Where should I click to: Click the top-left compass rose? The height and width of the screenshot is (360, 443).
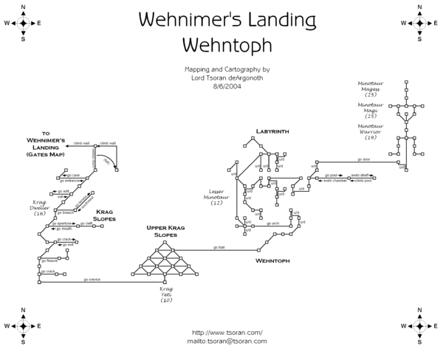pos(23,23)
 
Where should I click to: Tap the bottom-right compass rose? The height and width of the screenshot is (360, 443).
pos(419,325)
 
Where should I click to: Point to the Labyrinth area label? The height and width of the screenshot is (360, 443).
pos(272,131)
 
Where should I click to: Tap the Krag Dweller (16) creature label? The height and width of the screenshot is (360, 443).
pos(40,208)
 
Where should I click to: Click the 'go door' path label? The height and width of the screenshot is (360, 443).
pos(363,159)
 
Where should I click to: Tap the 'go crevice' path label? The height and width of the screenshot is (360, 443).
pos(92,280)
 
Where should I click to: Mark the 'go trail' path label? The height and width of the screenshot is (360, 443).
pos(219,247)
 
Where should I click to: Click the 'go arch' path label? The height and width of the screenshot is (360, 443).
pos(274,223)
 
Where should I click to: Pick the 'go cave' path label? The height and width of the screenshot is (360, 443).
pos(73,175)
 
